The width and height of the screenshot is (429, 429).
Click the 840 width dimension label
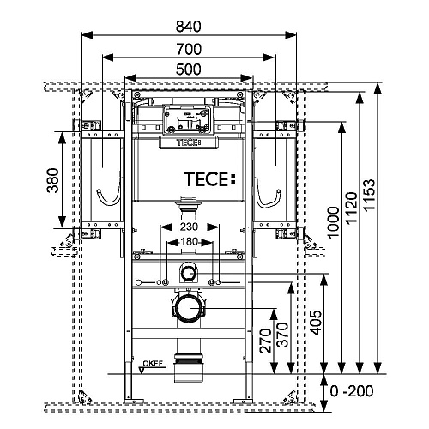coord(189,27)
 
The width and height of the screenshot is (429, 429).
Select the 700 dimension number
coord(189,49)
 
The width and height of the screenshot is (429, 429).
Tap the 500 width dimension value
coord(189,69)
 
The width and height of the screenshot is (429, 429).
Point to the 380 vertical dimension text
coord(52,180)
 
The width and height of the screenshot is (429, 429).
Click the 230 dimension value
coord(189,227)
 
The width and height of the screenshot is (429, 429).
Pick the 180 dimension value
coord(189,242)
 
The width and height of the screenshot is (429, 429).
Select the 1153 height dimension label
coord(369,195)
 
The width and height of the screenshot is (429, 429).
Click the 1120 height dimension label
coord(351,208)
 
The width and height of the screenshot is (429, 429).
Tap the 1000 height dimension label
coord(333,222)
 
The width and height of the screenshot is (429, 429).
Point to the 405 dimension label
coord(316,323)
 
